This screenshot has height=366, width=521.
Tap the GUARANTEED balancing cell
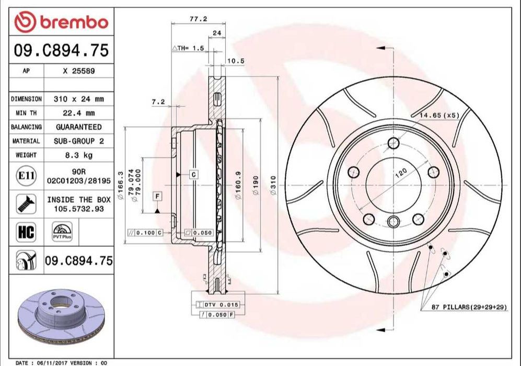click(78, 127)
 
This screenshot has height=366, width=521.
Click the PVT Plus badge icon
click(62, 232)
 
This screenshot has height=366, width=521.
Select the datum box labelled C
click(193, 174)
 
